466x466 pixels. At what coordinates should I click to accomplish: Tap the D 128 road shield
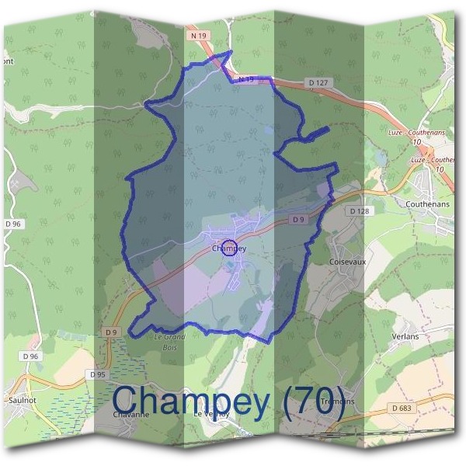click(358, 210)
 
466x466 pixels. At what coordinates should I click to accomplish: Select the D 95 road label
click(97, 374)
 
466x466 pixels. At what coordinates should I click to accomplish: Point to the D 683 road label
click(402, 408)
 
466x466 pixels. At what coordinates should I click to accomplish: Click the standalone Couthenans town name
click(427, 204)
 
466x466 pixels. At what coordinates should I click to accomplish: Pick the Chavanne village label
click(130, 415)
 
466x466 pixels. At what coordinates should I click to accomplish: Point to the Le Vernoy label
click(211, 415)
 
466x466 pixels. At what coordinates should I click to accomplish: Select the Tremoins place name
click(336, 402)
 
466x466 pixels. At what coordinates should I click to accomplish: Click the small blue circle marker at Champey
click(228, 249)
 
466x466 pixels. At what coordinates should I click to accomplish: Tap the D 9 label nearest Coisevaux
click(299, 220)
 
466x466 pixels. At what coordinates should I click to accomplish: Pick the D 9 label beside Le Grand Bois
click(111, 332)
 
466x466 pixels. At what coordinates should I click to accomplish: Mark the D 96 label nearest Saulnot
click(31, 356)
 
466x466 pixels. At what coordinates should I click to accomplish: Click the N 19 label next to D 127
click(246, 79)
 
